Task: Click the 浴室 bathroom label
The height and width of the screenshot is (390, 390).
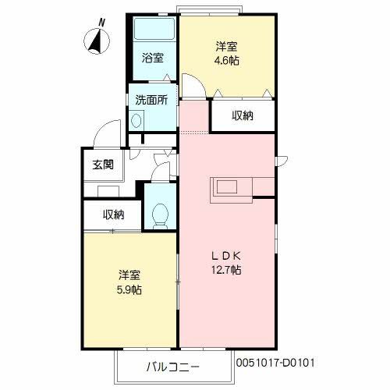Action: coord(153,57)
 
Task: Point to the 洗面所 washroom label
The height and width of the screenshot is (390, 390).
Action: coord(151,100)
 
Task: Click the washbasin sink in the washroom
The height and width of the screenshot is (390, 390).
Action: coord(136,121)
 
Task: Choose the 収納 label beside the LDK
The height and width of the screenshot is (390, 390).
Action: coord(243,116)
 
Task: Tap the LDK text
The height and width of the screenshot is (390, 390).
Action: coord(229,255)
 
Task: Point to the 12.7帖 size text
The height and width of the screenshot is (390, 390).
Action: coord(229,270)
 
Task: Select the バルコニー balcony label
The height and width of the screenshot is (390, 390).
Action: coord(173,366)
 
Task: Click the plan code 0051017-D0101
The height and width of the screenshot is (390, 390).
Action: coord(275,363)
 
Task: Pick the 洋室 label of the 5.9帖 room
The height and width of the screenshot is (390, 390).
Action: coord(130,275)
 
